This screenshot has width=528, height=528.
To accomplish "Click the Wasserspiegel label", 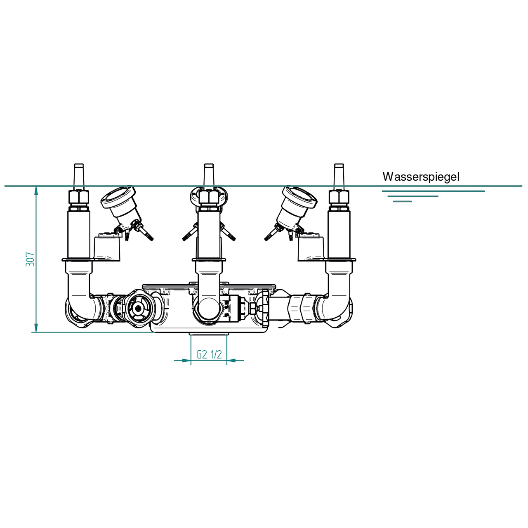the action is click(421, 177).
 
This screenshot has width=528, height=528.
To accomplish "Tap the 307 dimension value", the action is click(30, 259).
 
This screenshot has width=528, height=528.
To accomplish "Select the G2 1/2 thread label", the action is click(209, 355).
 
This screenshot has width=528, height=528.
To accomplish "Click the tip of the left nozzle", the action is click(79, 165).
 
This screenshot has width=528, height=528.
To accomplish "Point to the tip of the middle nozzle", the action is click(208, 165).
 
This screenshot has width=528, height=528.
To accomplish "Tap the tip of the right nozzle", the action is click(339, 165).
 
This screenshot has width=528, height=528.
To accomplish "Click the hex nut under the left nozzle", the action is click(79, 197).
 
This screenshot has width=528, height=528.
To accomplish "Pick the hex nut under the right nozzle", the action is click(339, 197).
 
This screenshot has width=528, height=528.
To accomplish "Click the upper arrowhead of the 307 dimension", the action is click(36, 190).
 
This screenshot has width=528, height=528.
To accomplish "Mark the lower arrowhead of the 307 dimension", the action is click(36, 328).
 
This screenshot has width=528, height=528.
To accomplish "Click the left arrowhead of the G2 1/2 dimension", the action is click(186, 360).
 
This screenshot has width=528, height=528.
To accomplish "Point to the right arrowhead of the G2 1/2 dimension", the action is click(231, 360).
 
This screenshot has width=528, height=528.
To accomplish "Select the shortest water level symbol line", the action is click(403, 201).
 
